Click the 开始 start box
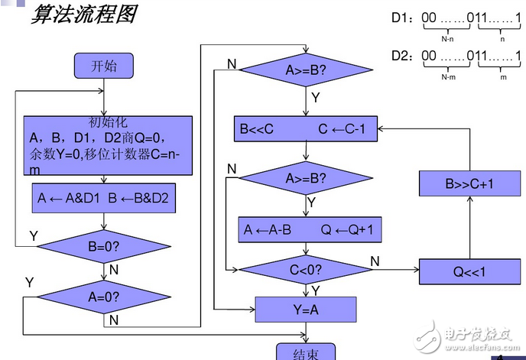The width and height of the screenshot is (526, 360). [x=104, y=66]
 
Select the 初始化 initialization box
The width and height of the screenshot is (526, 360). [x=107, y=148]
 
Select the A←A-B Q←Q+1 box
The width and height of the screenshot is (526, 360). [x=309, y=229]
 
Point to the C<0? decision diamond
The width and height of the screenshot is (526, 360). [x=306, y=269]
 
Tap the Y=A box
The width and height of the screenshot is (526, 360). [x=306, y=309]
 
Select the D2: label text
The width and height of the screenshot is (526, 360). [x=403, y=57]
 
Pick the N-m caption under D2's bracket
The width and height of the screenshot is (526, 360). [x=449, y=77]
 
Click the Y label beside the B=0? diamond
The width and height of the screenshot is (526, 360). [x=33, y=236]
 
